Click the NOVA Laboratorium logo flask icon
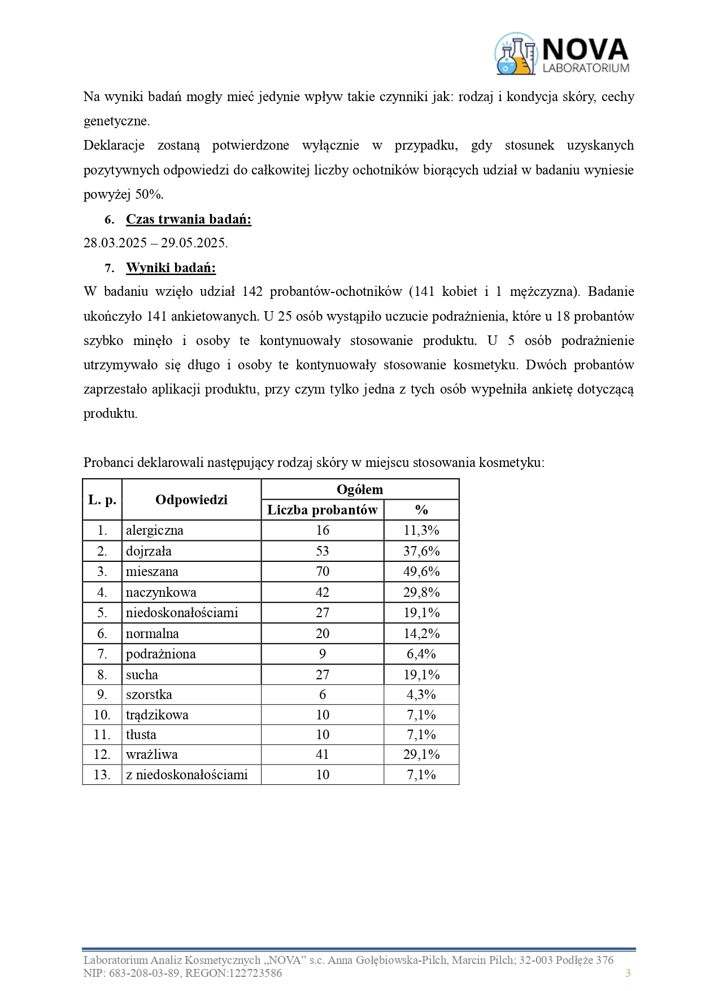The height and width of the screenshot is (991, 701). [x=515, y=54]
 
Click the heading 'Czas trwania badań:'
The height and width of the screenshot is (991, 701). [x=188, y=219]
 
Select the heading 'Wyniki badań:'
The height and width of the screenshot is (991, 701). [x=171, y=268]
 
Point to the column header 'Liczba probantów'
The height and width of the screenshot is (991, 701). [x=322, y=510]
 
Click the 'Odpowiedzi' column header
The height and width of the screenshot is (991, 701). [x=191, y=500]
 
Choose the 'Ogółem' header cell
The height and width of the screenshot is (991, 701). [x=360, y=490]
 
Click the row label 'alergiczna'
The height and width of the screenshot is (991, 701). [x=155, y=530]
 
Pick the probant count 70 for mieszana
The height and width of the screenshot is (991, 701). [x=322, y=571]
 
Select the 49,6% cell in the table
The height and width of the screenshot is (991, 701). [x=421, y=571]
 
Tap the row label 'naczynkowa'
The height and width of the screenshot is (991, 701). [x=161, y=592]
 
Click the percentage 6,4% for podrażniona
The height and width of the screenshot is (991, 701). [x=421, y=654]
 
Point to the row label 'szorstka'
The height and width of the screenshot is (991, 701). [x=149, y=695]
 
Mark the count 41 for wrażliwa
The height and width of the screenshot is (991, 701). [x=322, y=754]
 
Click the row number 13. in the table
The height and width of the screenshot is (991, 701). [x=102, y=775]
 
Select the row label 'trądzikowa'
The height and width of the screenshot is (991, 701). [x=157, y=715]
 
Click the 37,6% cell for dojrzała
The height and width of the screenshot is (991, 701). [x=421, y=551]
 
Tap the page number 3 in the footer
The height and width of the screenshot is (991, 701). [x=628, y=973]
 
